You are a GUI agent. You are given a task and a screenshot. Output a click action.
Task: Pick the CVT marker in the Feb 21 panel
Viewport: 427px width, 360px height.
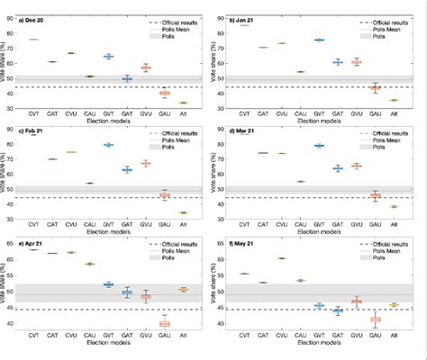coord(33,134)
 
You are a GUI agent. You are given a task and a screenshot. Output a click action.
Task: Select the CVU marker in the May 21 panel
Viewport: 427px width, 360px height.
coord(281,258)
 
